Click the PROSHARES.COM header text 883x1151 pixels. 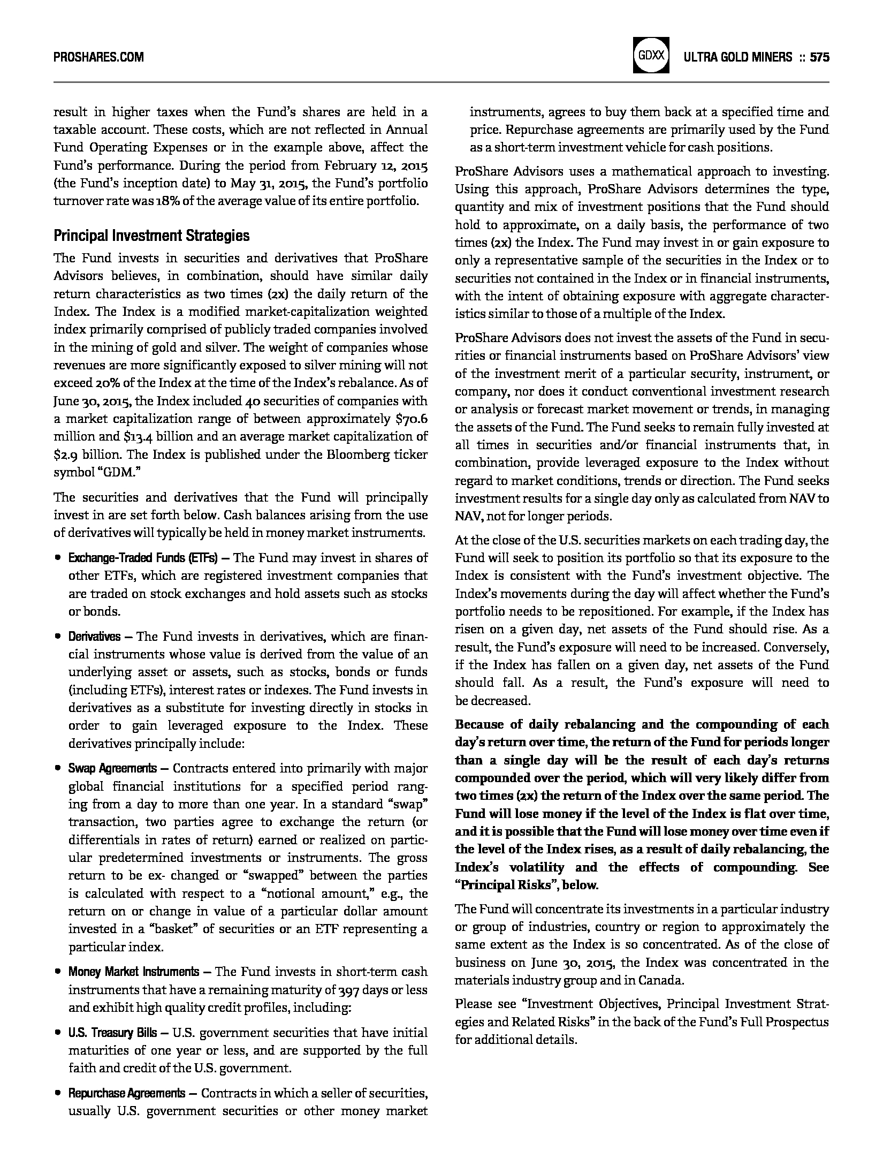(x=98, y=57)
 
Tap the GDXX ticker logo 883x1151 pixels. (x=651, y=55)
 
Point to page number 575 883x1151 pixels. (x=819, y=57)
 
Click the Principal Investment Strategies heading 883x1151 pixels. (x=151, y=236)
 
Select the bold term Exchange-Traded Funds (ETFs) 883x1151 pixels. (x=143, y=558)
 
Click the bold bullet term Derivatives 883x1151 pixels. (x=94, y=637)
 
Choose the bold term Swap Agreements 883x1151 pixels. (x=112, y=769)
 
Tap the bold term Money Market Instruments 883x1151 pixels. (x=133, y=972)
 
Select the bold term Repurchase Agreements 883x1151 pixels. (x=127, y=1093)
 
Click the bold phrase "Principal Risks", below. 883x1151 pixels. (x=526, y=885)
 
